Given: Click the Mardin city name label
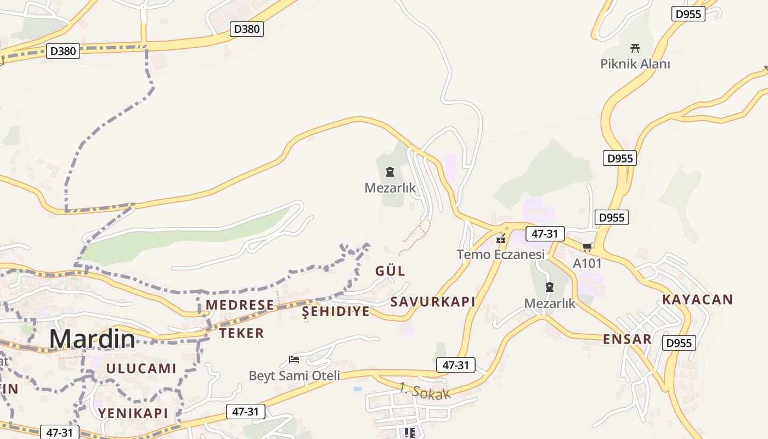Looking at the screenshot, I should [92, 339].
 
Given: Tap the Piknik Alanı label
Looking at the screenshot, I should [635, 64].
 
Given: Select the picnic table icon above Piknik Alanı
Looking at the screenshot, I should [635, 48].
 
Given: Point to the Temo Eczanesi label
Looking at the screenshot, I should [501, 255].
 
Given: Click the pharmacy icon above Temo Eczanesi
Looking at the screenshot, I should [500, 239].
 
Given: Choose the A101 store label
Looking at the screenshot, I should [587, 263].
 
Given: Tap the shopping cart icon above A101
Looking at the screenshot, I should [587, 247].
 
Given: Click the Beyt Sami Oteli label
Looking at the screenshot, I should [294, 376].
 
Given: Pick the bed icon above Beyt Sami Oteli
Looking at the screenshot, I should [294, 360].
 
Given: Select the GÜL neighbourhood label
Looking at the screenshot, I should [390, 271].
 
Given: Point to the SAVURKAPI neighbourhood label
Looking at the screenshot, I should [432, 302].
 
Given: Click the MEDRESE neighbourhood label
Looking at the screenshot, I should [240, 305].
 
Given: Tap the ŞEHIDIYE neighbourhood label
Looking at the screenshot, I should [336, 312].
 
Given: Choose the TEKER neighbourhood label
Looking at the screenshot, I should [241, 333].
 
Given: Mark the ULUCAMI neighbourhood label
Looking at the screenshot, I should [141, 369].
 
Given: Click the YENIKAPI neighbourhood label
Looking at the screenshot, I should [133, 413].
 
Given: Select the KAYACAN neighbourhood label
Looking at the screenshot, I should [697, 300].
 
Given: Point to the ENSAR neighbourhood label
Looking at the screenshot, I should [627, 339].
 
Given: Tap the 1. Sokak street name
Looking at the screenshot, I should [425, 391].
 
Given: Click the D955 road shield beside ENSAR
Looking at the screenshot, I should [679, 343].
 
